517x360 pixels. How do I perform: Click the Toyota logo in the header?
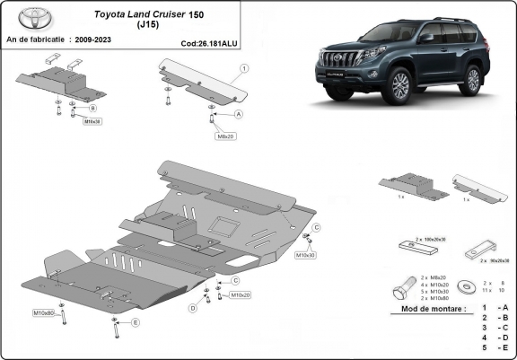pos(29,18)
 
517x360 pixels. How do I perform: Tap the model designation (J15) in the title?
pos(148,25)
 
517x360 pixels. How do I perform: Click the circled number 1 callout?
pos(244,68)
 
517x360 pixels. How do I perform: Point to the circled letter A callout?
pos(239,115)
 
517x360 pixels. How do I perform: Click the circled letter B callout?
pos(92,108)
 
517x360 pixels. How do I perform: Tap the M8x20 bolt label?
pos(224,136)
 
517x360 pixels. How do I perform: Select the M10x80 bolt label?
pos(45,312)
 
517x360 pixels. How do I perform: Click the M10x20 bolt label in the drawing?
pos(240,294)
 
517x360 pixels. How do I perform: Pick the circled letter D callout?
pos(192,308)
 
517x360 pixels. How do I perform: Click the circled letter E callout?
pos(136,321)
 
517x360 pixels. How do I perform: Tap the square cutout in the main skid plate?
pos(223,225)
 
